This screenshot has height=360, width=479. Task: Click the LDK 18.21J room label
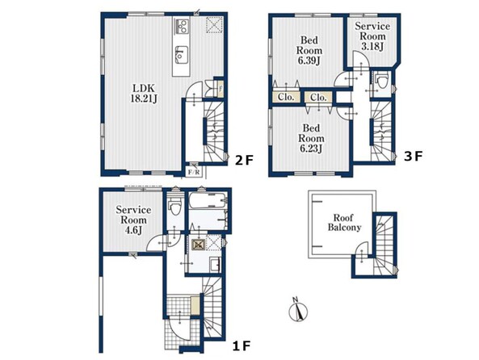[144, 93]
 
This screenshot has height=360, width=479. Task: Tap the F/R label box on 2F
[194, 172]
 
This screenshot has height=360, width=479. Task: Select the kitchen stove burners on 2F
[182, 26]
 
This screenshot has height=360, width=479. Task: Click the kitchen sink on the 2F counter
[182, 55]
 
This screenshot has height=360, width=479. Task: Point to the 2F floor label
[244, 160]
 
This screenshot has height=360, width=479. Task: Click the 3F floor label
[413, 156]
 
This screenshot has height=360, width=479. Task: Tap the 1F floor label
[242, 346]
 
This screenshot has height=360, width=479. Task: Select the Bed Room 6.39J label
[309, 50]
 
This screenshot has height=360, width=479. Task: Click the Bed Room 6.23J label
[311, 138]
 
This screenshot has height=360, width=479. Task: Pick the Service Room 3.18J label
[372, 36]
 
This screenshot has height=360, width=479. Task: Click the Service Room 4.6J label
[133, 220]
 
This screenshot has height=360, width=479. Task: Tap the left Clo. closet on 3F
[286, 97]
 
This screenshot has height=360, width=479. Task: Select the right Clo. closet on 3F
[318, 98]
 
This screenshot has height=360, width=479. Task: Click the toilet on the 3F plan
[382, 81]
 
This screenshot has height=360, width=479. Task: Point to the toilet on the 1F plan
[175, 207]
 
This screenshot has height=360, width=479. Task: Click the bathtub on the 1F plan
[208, 200]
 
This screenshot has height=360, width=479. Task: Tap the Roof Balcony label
[344, 223]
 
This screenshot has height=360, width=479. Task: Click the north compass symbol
[298, 310]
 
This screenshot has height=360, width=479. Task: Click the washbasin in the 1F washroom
[215, 264]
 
